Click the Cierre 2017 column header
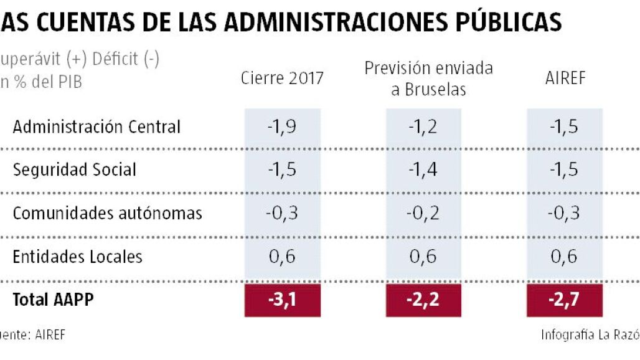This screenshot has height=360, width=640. coord(283,78)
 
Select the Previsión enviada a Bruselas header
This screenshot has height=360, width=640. coord(428,78)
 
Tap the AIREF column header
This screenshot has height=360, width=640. coord(565,78)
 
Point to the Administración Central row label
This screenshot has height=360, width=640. coord(96,127)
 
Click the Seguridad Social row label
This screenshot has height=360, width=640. coord(74,169)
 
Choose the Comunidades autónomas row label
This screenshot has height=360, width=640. coord(108,213)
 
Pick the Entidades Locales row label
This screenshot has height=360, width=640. coord(78,256)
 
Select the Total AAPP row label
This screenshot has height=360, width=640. coord(53,300)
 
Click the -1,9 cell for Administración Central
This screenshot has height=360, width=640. coord(282,127)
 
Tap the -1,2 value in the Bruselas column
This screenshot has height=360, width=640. coord(423,127)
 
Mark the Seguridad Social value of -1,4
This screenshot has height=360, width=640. coord(423,169)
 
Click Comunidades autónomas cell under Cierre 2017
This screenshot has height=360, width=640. coord(282,213)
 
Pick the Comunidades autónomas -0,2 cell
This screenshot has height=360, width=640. coord(423,213)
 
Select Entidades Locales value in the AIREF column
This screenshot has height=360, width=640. coord(564,256)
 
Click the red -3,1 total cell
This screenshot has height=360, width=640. coord(282,300)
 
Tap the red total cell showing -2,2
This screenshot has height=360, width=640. coord(423,300)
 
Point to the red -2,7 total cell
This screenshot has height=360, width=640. coord(564,300)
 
